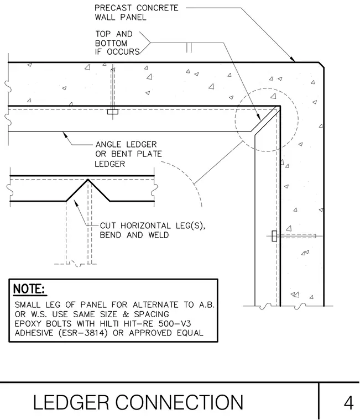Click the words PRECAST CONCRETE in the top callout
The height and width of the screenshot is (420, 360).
coord(137,8)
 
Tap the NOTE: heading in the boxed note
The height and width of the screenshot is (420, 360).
coord(29,288)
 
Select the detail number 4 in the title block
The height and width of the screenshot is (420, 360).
coord(348,402)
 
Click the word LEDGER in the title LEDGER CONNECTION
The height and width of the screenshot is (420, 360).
coord(71,402)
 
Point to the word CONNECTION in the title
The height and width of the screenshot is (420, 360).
coord(179,402)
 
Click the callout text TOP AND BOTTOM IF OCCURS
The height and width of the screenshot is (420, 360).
coord(117,43)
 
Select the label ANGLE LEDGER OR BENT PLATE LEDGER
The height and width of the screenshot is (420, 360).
coord(128,154)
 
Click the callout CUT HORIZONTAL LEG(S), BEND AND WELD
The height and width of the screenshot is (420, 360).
coord(153,230)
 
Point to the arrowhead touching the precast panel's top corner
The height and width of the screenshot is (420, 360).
coord(293,59)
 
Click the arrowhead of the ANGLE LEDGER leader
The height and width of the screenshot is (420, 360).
coord(65,134)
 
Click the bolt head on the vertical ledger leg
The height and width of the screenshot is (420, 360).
coord(274,236)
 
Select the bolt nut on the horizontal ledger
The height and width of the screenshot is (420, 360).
coord(113,112)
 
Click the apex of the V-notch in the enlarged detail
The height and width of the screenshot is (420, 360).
coord(88,180)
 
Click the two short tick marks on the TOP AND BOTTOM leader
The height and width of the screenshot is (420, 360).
coord(189,47)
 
